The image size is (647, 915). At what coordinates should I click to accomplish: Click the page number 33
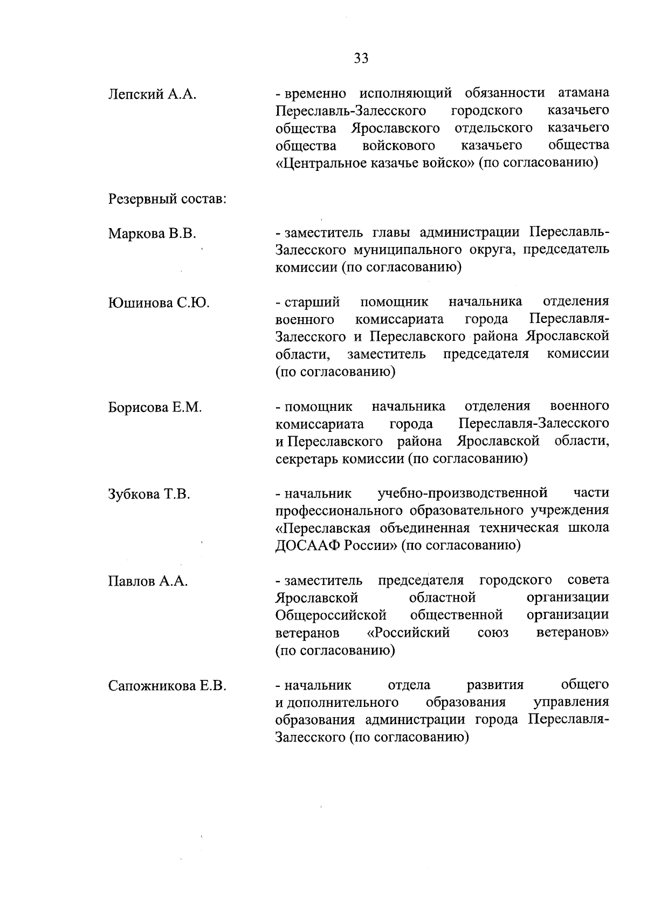coord(361,58)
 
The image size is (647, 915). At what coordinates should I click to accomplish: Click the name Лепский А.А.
coord(152,95)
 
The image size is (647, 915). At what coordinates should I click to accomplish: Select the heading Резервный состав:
coord(167,199)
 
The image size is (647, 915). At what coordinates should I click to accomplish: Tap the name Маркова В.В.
coord(152,234)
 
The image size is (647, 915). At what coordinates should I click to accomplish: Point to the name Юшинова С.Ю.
coord(159,303)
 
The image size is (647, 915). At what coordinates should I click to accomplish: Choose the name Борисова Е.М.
coord(155,408)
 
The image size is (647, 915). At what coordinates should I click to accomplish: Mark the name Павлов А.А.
coord(148,582)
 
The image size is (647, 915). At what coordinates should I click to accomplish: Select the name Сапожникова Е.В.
coord(167,686)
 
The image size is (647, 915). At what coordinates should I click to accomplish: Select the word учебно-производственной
coord(463,493)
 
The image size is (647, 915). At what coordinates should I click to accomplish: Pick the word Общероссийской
coord(331,615)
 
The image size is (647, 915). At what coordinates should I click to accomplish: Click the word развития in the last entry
coord(495,685)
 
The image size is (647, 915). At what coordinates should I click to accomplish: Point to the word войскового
coord(399,146)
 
